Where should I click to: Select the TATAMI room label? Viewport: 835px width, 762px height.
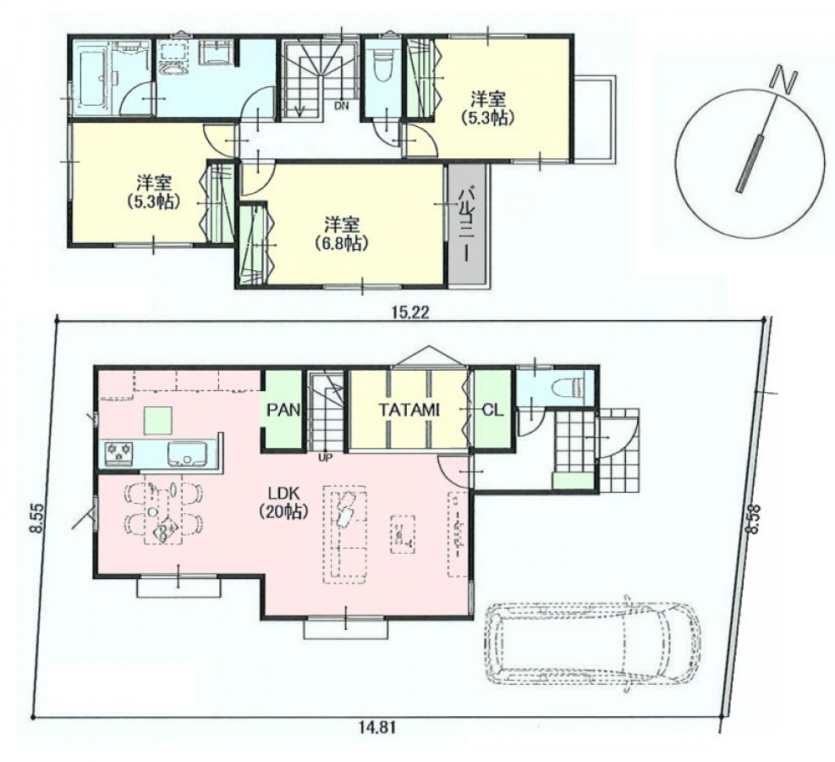click(409, 410)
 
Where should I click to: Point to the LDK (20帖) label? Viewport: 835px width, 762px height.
click(283, 501)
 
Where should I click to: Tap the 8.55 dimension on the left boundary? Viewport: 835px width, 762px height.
click(36, 519)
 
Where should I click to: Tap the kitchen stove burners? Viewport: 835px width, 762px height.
click(119, 453)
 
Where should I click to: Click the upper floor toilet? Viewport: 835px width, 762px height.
click(382, 65)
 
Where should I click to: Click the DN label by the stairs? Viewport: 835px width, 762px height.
click(341, 106)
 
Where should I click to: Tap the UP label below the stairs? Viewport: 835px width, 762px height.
click(323, 456)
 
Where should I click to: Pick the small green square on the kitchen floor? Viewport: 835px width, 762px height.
click(158, 421)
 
